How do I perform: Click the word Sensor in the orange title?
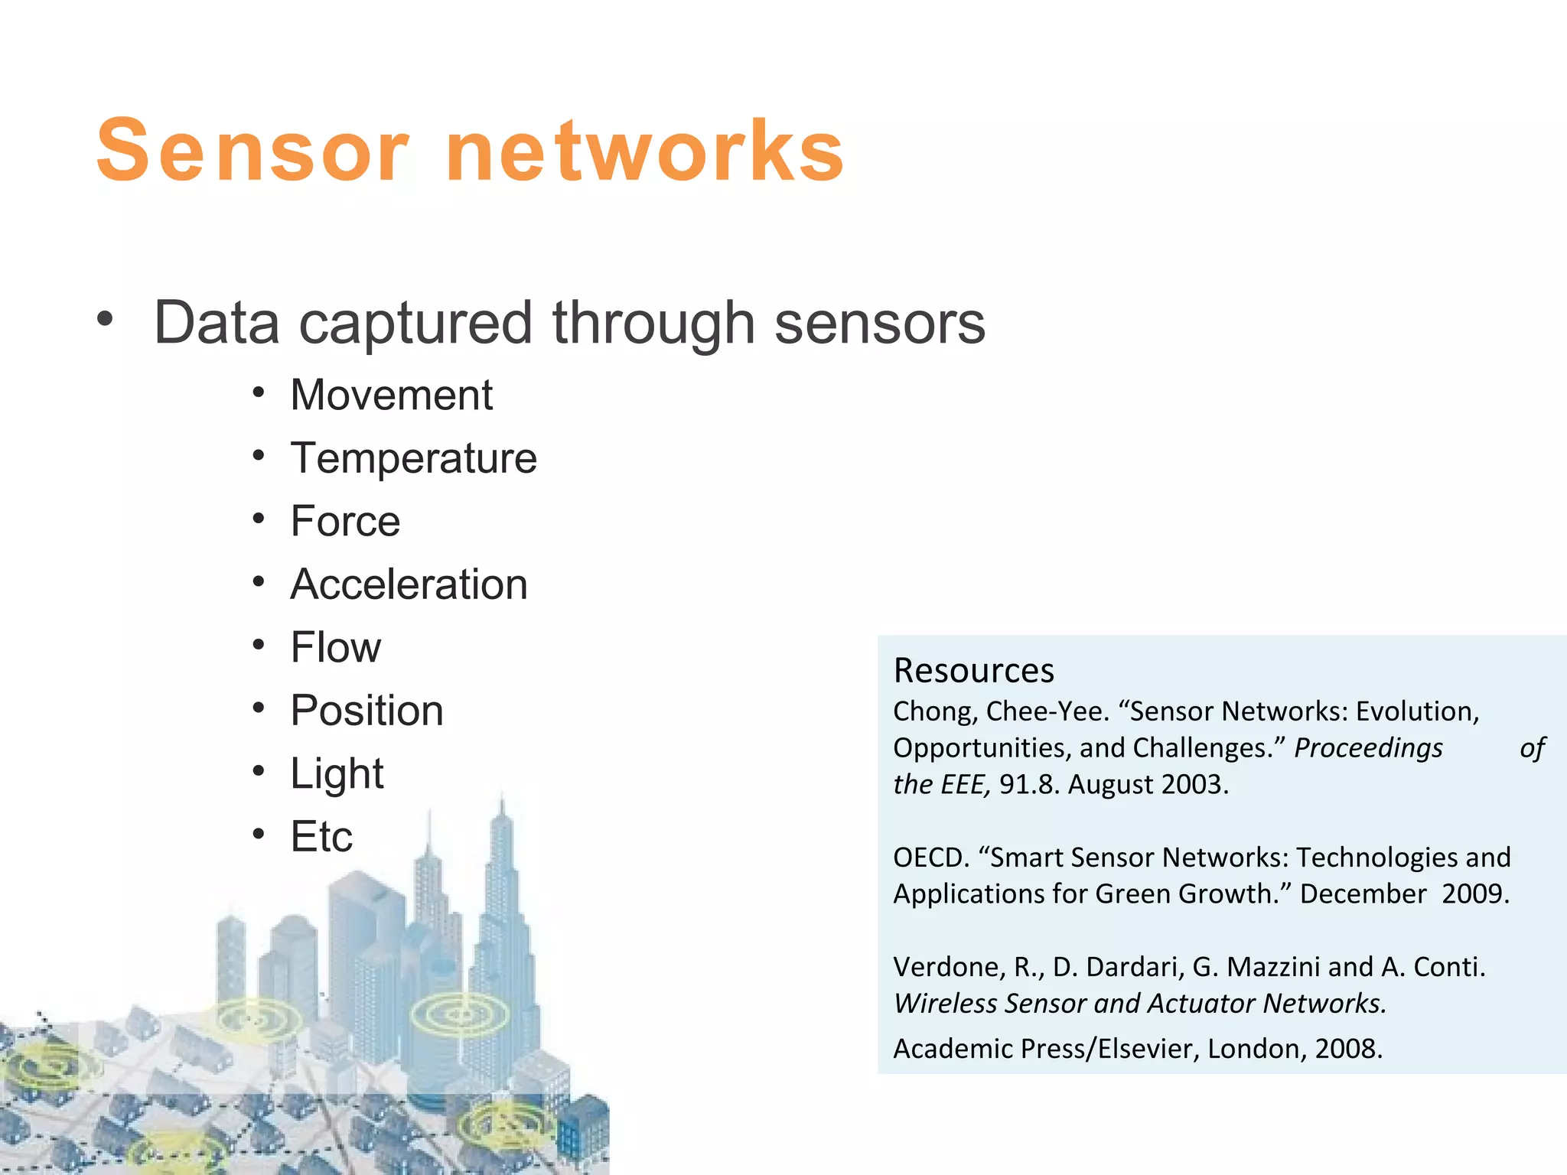252,151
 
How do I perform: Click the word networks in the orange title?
644,151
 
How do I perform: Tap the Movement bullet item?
391,395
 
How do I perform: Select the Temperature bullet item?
413,458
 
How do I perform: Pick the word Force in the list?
345,522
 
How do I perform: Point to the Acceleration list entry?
409,584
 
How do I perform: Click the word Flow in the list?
335,647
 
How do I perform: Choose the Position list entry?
367,711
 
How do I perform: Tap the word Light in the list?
337,773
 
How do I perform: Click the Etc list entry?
321,836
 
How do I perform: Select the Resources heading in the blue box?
973,671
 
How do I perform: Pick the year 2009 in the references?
1474,894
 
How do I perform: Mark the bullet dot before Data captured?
105,319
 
